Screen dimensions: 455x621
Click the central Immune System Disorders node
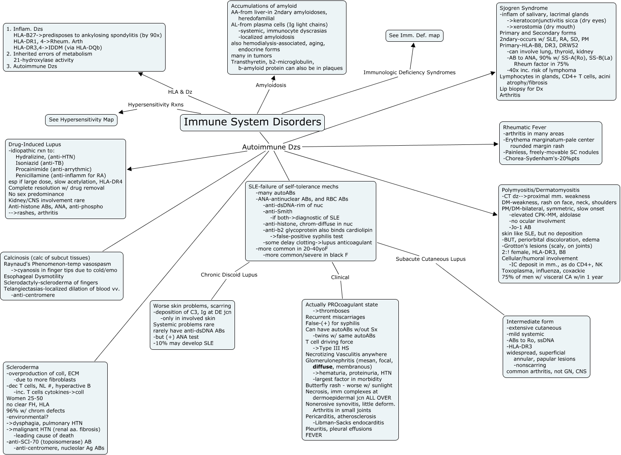[252, 122]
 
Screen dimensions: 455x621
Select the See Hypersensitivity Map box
[81, 120]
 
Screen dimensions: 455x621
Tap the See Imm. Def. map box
[414, 35]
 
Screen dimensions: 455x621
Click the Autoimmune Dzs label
[271, 147]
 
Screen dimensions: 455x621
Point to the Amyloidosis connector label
[271, 85]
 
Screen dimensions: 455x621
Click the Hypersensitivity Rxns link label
[156, 104]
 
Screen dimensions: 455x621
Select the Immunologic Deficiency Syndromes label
[409, 72]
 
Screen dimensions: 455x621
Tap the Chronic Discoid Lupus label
[229, 275]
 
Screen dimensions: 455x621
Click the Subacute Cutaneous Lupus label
[430, 259]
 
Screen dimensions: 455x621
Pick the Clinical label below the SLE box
[340, 277]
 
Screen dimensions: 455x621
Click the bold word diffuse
[323, 367]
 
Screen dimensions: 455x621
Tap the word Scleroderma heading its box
[22, 367]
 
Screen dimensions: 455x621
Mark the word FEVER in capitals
[314, 435]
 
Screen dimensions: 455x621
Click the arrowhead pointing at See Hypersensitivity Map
[121, 112]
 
